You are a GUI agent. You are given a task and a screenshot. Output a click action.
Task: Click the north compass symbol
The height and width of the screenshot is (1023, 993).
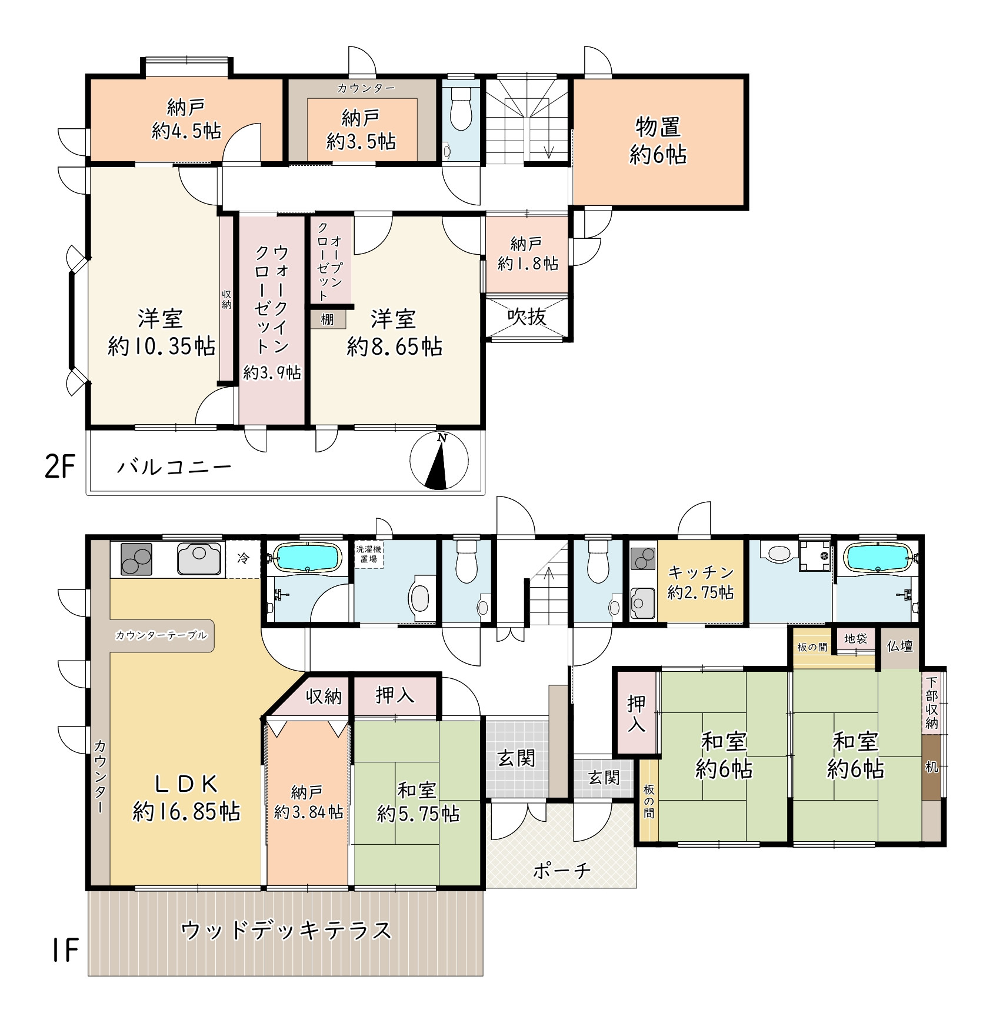439,461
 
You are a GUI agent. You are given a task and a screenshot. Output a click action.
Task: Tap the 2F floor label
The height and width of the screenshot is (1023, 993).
60,468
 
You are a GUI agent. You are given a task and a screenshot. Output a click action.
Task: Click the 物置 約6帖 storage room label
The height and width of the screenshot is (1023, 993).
658,141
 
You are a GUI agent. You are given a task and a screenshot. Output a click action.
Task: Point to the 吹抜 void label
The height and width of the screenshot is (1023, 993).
527,316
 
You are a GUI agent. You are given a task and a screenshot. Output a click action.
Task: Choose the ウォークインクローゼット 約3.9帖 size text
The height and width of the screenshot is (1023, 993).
272,372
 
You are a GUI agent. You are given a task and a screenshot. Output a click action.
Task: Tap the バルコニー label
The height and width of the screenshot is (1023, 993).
174,468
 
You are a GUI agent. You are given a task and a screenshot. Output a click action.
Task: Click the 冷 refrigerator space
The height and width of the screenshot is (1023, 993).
244,558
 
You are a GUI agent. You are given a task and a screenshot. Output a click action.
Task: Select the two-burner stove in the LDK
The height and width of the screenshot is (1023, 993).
136,559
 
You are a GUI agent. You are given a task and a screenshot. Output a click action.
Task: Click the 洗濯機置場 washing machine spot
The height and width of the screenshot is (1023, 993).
369,554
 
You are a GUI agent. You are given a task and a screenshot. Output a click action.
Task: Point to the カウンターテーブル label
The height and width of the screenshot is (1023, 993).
161,635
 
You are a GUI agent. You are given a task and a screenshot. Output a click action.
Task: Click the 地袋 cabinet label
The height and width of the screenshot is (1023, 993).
855,638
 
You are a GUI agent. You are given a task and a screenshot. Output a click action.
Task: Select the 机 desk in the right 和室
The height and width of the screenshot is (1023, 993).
931,767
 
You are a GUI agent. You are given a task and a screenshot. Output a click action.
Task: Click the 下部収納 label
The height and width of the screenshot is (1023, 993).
932,703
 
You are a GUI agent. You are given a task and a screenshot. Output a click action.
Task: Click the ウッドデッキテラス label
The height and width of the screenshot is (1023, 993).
286,931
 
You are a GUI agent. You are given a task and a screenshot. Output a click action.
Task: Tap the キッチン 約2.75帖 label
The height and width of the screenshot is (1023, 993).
701,582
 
